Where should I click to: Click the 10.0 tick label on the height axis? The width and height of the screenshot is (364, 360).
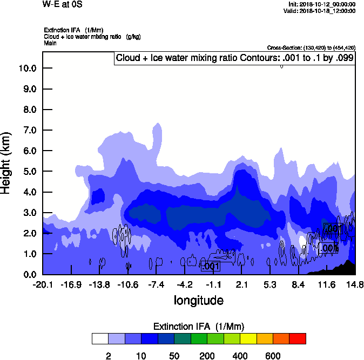tap(26, 68)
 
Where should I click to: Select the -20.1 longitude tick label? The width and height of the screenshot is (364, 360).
tap(43, 285)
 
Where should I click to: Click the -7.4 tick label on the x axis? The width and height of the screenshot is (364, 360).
tap(156, 285)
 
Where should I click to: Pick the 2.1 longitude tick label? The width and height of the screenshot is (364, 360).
tap(241, 285)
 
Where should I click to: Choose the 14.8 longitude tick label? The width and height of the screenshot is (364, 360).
tap(355, 285)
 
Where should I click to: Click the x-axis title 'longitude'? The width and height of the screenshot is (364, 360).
tap(198, 300)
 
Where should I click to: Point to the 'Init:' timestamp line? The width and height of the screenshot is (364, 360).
tap(322, 4)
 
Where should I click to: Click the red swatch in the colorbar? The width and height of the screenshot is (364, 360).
tap(298, 338)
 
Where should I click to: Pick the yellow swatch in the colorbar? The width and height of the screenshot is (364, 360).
tap(248, 338)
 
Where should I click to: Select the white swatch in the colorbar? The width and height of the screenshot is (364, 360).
tap(100, 338)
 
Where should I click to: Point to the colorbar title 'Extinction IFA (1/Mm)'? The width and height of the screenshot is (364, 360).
tap(199, 327)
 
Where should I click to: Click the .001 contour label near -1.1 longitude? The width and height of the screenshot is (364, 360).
tap(210, 266)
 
